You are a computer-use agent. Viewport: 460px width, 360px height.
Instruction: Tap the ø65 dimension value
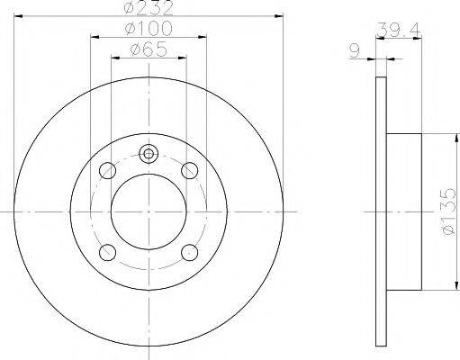(149, 50)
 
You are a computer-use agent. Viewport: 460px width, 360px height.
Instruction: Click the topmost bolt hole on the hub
(149, 153)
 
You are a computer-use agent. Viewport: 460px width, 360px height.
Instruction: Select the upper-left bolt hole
(109, 169)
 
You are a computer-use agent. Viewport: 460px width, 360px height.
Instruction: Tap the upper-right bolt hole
(189, 169)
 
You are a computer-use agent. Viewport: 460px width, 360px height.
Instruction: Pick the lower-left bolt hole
(109, 251)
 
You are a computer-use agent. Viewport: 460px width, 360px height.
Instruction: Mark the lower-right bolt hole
(189, 251)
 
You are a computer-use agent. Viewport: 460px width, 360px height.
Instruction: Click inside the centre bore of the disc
(149, 211)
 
